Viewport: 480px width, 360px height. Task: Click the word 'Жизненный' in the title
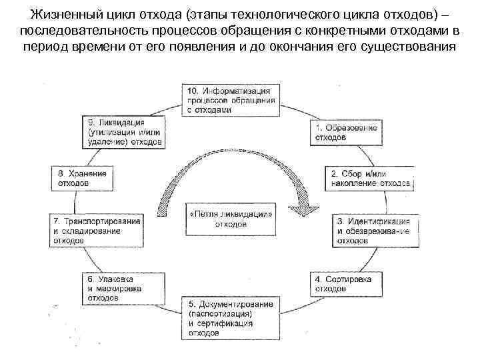pyautogui.click(x=61, y=15)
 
